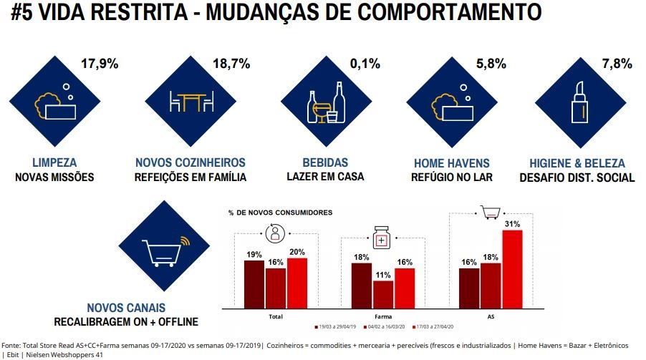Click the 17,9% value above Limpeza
pyautogui.click(x=100, y=64)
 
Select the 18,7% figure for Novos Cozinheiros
pyautogui.click(x=231, y=64)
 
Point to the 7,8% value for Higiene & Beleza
pyautogui.click(x=617, y=64)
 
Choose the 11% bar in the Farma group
pyautogui.click(x=383, y=293)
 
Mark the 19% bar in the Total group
pyautogui.click(x=254, y=283)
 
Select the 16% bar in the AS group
pyautogui.click(x=469, y=286)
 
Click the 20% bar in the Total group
pyautogui.click(x=297, y=281)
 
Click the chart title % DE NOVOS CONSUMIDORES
pyautogui.click(x=281, y=213)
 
